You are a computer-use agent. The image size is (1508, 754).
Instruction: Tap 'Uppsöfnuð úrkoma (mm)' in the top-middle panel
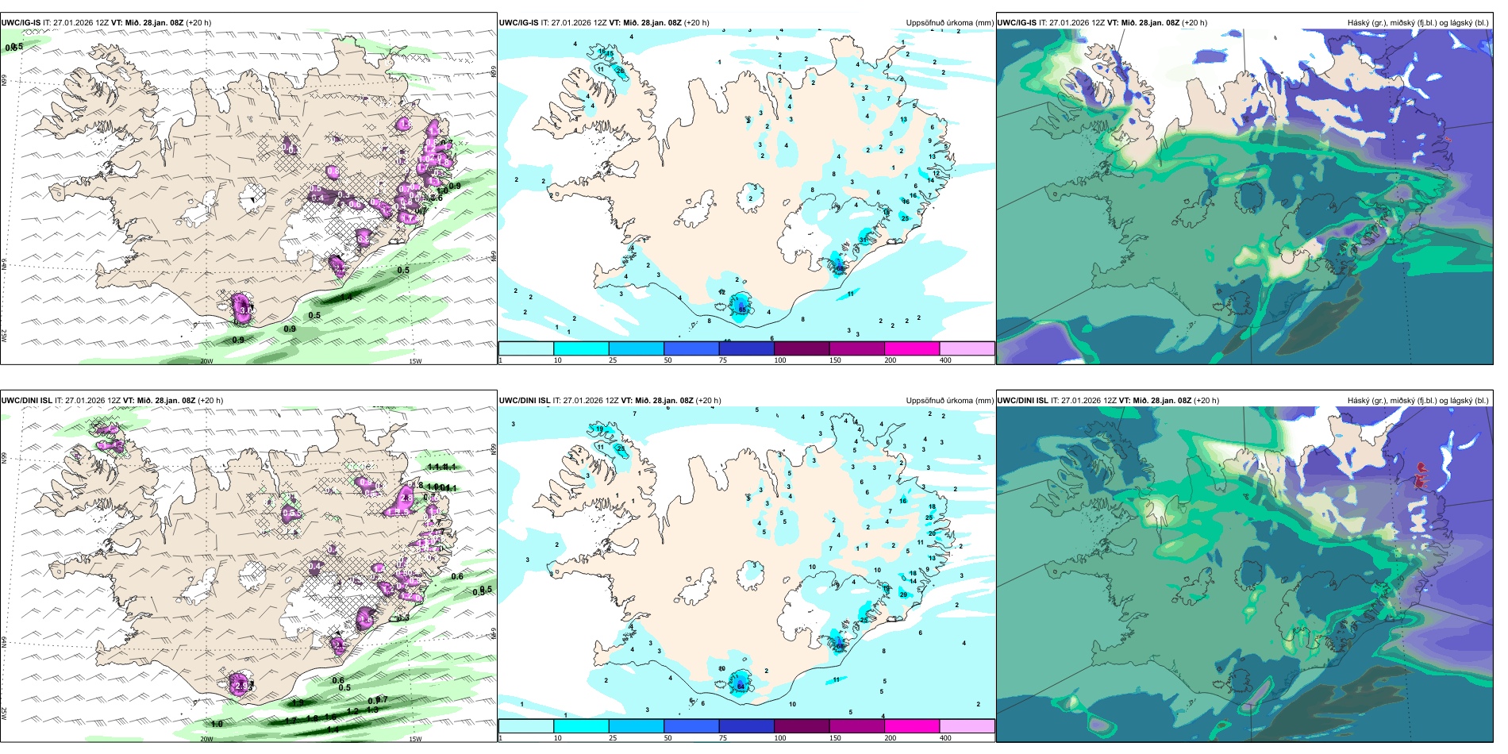pos(949,23)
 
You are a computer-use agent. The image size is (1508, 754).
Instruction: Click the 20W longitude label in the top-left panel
pos(206,361)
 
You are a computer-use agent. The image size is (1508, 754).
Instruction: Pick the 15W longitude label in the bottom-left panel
pos(414,739)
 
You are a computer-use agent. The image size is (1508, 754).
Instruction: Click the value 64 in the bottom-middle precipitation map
pos(741,686)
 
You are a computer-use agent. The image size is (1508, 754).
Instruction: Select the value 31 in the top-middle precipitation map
pos(863,240)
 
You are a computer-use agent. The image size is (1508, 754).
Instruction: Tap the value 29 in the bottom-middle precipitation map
pos(903,594)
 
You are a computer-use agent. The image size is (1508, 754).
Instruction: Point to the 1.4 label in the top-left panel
pos(346,298)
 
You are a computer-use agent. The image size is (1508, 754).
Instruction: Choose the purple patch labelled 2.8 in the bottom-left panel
pos(405,498)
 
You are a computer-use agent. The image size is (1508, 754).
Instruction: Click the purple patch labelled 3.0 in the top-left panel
pos(244,308)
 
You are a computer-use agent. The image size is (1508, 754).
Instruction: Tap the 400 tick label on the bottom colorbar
pos(945,738)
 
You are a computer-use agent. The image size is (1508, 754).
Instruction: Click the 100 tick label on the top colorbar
pos(780,360)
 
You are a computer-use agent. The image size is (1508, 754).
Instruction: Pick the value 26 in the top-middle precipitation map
pos(620,71)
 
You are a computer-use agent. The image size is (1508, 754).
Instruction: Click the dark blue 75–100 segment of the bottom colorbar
pos(746,726)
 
